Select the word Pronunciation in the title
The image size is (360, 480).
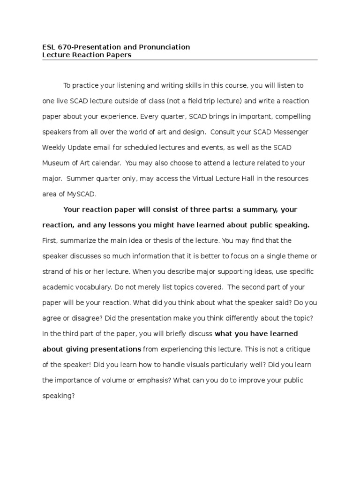[x=165, y=47]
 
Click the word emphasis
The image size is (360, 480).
[x=153, y=380]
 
